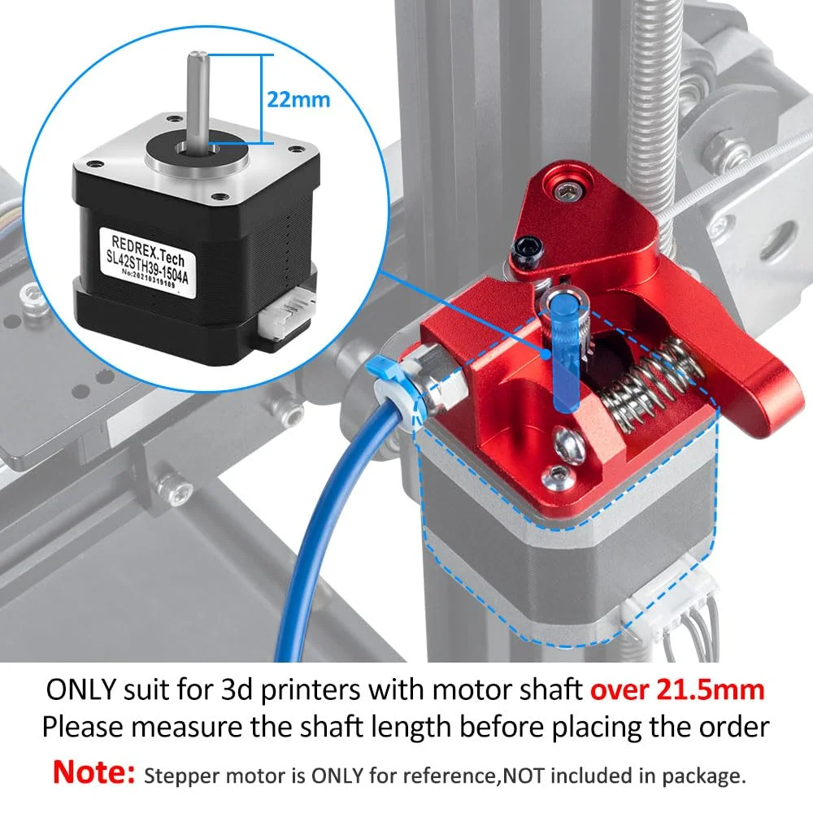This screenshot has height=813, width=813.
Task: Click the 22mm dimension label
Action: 298,100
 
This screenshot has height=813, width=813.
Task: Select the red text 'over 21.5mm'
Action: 676,690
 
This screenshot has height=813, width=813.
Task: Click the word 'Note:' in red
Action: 93,773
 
